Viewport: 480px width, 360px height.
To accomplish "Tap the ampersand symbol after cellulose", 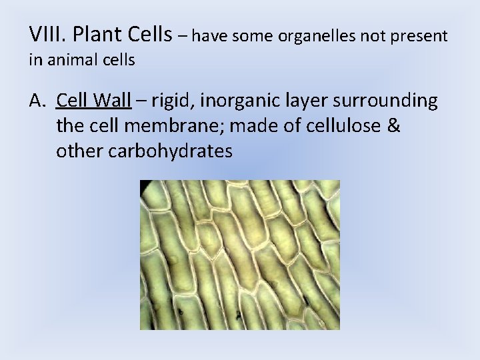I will pos(393,126).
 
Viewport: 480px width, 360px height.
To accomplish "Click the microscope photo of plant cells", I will pos(239,255).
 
